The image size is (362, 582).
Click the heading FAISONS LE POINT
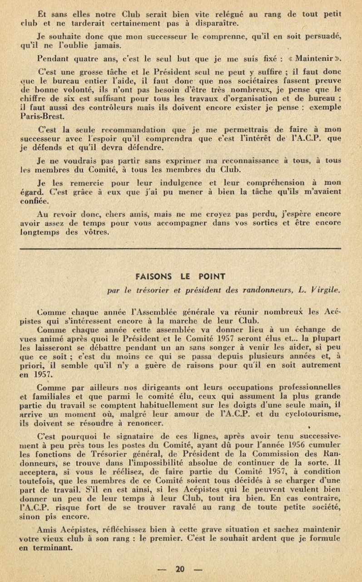[x=180, y=276]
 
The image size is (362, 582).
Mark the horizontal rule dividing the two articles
[x=180, y=249]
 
